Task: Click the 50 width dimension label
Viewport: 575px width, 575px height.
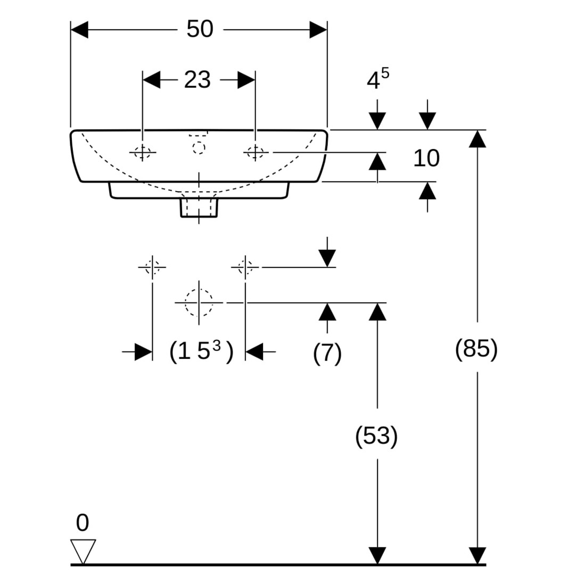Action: [200, 29]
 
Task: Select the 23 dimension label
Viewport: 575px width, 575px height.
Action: [198, 80]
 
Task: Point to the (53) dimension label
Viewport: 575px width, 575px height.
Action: [376, 437]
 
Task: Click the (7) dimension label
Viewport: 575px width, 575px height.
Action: [327, 353]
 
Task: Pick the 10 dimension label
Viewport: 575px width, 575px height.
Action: [426, 158]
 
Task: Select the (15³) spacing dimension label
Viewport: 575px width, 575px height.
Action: [201, 351]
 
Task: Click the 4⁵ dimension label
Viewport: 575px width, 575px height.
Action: [377, 80]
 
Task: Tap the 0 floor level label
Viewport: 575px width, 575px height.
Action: [82, 523]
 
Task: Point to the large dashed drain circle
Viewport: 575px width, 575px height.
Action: [199, 302]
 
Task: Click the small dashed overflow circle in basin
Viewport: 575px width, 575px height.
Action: [199, 147]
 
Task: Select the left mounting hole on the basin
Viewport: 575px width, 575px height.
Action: [143, 153]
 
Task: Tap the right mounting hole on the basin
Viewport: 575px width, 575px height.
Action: [256, 153]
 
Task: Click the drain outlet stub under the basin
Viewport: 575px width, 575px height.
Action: [199, 208]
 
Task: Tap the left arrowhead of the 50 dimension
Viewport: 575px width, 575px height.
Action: [79, 30]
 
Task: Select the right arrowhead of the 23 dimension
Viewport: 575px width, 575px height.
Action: [246, 80]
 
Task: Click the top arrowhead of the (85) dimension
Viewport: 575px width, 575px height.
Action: [478, 138]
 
